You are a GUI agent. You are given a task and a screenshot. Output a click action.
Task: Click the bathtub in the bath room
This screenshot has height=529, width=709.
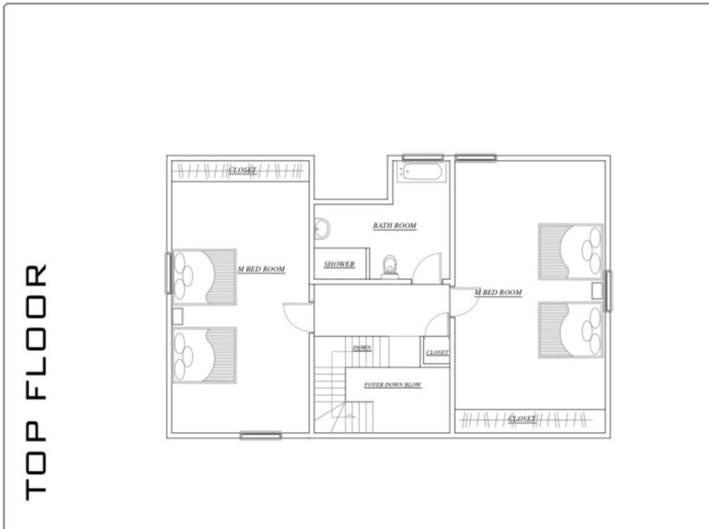click(x=423, y=172)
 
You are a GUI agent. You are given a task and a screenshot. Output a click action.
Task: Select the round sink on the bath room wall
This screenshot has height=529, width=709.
click(x=323, y=228)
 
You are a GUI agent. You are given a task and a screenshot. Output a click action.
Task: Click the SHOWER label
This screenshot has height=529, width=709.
click(x=339, y=264)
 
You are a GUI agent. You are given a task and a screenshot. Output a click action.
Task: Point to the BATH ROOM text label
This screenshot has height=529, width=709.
click(x=394, y=225)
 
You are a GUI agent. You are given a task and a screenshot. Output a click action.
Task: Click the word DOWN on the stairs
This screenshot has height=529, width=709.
click(x=361, y=348)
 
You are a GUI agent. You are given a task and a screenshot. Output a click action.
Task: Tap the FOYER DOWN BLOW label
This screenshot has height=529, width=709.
click(x=393, y=385)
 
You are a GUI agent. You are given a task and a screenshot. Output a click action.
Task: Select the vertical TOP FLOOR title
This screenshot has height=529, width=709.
click(x=36, y=382)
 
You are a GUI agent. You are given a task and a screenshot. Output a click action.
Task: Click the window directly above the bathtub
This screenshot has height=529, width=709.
click(x=423, y=157)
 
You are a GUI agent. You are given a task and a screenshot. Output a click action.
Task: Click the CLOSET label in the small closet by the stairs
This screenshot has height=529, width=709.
click(x=438, y=352)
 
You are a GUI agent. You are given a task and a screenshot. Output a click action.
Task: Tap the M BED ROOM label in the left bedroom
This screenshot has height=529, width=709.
click(x=261, y=269)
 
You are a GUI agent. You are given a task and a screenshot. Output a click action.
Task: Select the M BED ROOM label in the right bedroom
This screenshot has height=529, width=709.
click(x=498, y=292)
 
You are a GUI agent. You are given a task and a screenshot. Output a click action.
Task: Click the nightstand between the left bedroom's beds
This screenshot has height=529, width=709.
click(x=177, y=316)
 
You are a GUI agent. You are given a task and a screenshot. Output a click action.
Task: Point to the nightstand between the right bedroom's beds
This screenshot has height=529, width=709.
click(x=598, y=291)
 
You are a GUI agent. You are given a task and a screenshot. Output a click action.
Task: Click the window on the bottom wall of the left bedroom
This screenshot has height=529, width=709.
click(x=260, y=436)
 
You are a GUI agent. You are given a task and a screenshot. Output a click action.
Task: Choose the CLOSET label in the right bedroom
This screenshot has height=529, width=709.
click(x=521, y=419)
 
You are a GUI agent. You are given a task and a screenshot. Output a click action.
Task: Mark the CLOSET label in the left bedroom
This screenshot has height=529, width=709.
click(x=242, y=170)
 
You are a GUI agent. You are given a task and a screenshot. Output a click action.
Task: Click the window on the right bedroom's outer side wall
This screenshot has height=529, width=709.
click(x=609, y=291)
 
